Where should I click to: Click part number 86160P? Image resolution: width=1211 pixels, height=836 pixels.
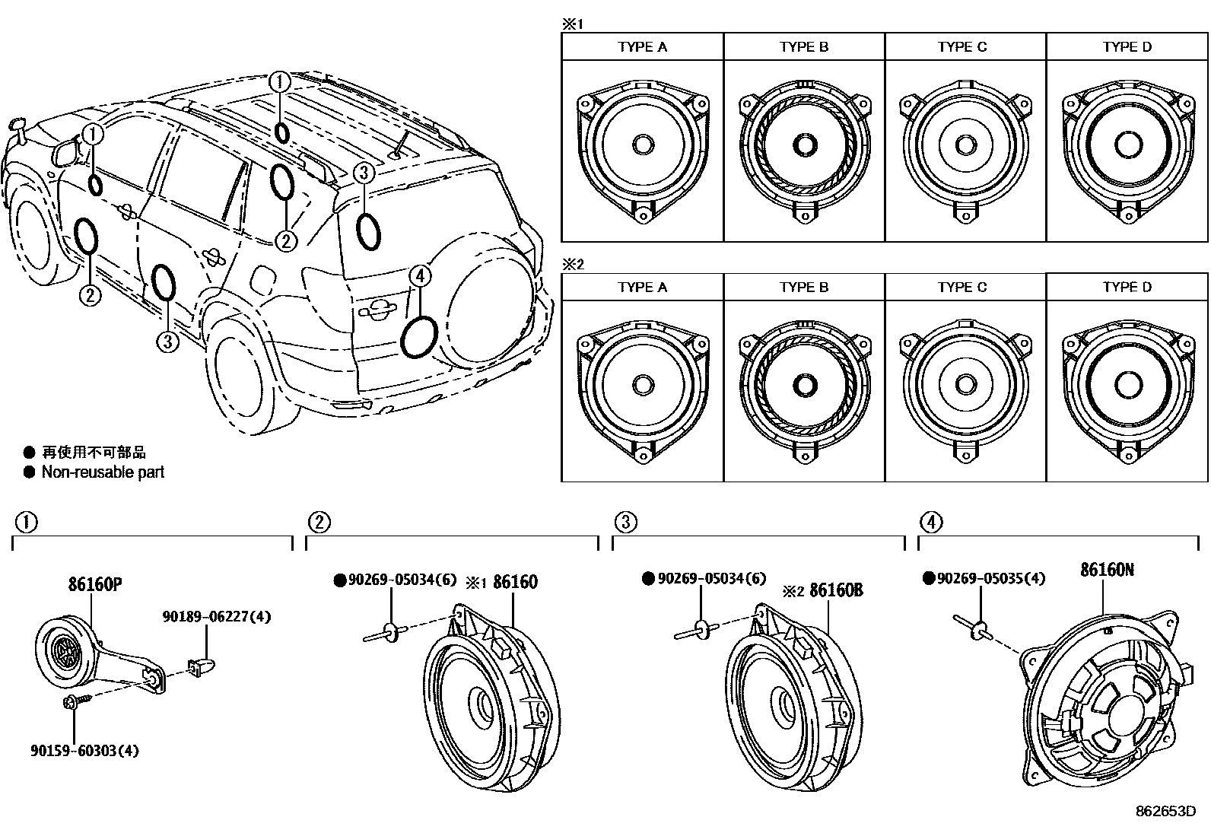coord(95,584)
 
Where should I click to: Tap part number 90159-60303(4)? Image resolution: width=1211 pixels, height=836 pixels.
coord(84,751)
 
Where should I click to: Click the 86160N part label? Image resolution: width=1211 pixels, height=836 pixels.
coord(1107,569)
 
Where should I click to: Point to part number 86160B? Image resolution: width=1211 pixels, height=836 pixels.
coord(836,590)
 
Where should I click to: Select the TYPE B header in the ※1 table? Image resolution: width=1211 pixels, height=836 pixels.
coord(803,47)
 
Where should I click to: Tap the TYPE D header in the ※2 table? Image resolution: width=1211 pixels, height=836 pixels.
coord(1127,288)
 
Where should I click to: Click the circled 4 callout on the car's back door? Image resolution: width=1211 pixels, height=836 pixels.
coord(421,276)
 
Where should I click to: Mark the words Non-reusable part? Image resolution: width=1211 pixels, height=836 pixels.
coord(103,472)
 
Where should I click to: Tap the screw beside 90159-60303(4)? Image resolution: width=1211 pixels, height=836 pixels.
coord(72,702)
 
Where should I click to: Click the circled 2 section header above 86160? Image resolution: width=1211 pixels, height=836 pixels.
coord(319,522)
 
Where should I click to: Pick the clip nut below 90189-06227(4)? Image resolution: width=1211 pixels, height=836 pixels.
coord(202,667)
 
